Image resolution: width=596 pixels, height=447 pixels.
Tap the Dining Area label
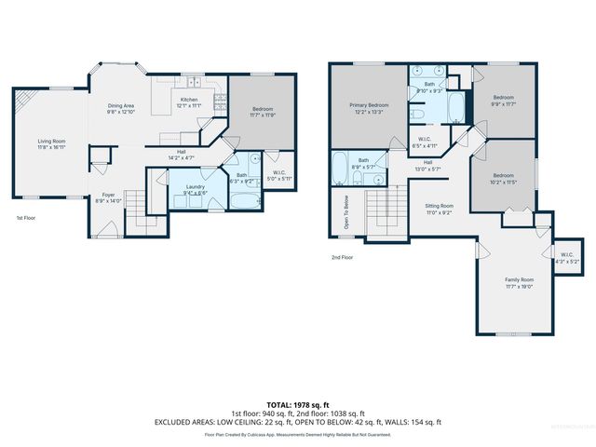coord(121,105)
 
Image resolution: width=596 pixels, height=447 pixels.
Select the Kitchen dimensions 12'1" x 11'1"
coord(189,106)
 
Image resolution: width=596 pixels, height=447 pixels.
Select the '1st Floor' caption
coord(27,217)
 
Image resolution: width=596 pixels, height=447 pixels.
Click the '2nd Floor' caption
coord(342,257)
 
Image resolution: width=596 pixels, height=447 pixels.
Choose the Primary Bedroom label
coord(369,105)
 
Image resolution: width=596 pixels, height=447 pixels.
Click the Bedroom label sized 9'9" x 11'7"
coord(504,98)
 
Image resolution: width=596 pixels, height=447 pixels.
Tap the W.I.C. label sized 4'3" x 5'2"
coord(567,259)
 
